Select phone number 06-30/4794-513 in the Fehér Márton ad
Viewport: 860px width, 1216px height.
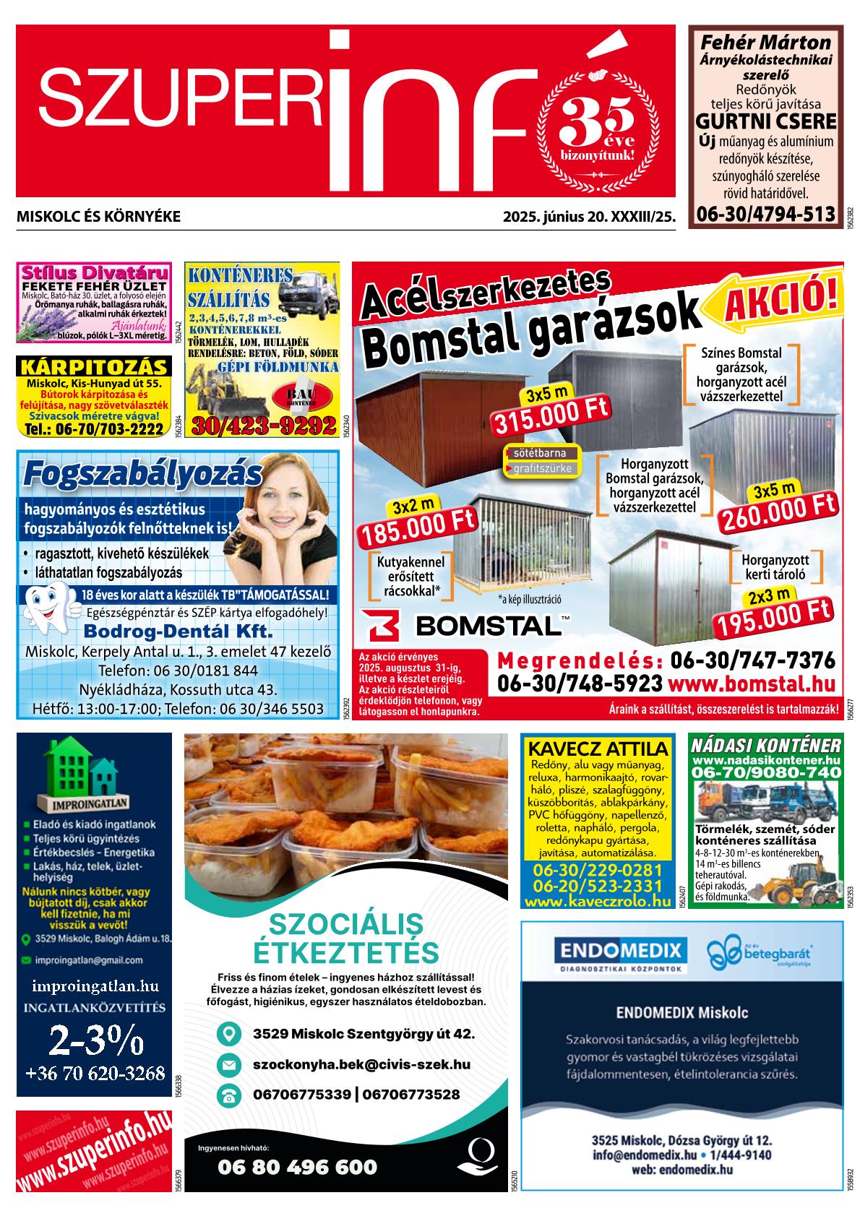pos(765,214)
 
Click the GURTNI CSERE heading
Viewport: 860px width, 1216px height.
pos(765,121)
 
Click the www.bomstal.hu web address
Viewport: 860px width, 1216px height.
pos(752,684)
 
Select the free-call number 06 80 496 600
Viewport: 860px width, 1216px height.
pos(297,1167)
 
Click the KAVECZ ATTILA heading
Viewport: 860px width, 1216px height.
pos(598,748)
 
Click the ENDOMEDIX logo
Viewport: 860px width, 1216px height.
pos(619,949)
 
